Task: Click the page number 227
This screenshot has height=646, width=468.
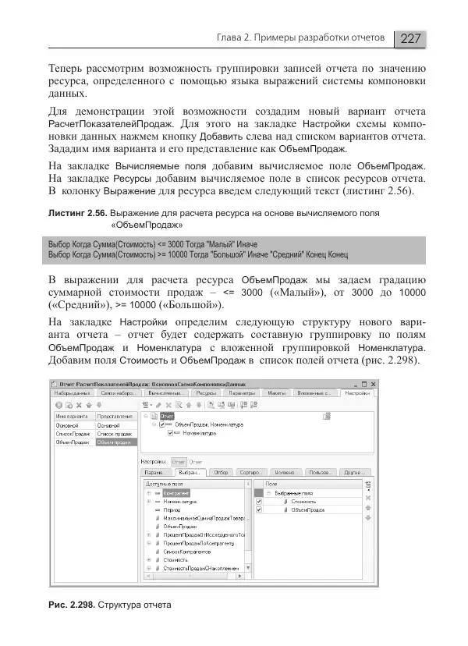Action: pyautogui.click(x=410, y=38)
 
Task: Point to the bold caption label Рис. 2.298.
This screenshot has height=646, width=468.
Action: pyautogui.click(x=73, y=605)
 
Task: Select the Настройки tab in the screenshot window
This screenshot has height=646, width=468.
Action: pyautogui.click(x=357, y=394)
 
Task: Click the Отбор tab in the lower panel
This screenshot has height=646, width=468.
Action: pyautogui.click(x=221, y=472)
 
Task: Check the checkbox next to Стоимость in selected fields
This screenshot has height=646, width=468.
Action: pyautogui.click(x=259, y=501)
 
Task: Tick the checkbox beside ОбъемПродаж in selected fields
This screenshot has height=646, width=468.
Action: pyautogui.click(x=259, y=510)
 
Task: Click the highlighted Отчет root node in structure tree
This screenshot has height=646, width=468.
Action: pyautogui.click(x=168, y=417)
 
